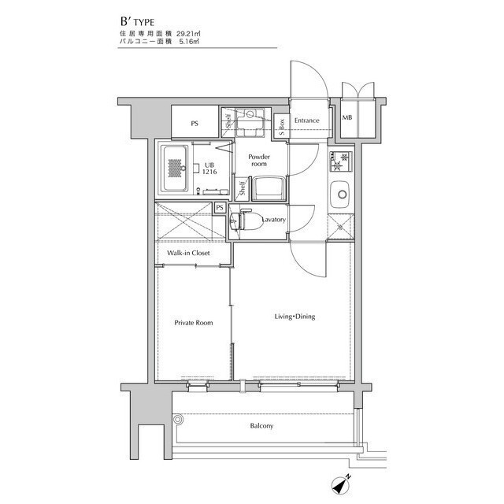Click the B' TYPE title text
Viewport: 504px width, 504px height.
pos(137,21)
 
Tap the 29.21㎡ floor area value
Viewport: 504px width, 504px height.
pos(189,33)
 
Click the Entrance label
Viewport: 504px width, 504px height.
pos(306,120)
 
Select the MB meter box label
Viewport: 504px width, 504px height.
pos(346,117)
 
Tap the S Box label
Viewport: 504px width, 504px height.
pos(282,127)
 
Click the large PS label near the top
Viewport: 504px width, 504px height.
pos(195,124)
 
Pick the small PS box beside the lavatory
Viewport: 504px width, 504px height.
pos(220,208)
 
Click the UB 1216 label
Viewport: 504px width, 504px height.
pos(209,169)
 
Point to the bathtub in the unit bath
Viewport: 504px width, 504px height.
pos(175,169)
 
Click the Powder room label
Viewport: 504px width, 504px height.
pos(259,160)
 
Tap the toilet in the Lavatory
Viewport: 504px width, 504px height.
pos(246,220)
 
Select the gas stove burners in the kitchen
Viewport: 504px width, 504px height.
pos(341,161)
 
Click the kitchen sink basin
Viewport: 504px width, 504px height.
pos(341,195)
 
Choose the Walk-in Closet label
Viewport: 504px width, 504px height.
pos(188,253)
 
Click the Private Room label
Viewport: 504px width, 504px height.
pos(194,323)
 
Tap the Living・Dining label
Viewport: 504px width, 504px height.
pos(295,317)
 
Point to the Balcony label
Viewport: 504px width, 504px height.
pos(261,426)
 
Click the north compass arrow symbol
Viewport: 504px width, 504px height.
pos(341,485)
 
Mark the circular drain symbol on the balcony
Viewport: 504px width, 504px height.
pos(178,420)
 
